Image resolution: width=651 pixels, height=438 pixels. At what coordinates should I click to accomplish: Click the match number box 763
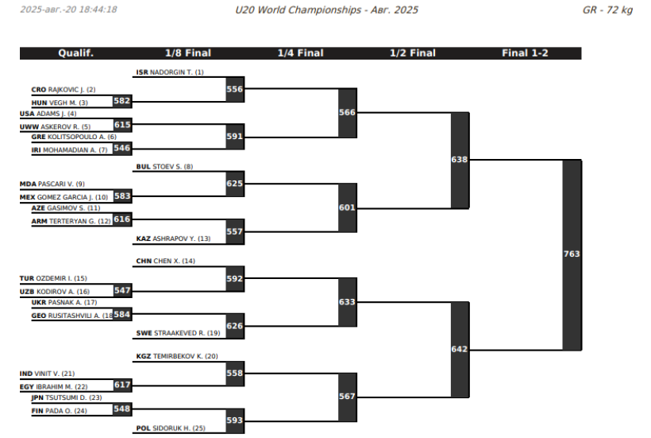(x=572, y=254)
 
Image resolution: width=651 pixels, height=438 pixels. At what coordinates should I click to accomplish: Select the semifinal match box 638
(x=460, y=160)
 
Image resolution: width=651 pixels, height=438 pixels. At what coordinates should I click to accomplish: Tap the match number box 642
(x=460, y=350)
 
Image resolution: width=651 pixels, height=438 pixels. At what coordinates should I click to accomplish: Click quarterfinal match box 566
(x=347, y=113)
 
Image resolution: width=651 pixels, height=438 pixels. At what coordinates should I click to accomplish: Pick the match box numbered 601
(x=347, y=207)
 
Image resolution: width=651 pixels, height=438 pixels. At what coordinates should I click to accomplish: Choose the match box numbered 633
(x=347, y=302)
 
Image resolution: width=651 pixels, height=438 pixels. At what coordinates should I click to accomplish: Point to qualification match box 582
(x=122, y=101)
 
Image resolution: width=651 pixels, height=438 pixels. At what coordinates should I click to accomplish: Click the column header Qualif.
(x=75, y=53)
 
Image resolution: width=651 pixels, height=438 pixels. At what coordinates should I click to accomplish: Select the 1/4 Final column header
(x=301, y=53)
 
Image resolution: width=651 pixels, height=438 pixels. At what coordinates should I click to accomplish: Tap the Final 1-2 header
(x=525, y=53)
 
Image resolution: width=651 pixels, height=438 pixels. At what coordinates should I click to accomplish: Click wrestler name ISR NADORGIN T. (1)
(x=170, y=72)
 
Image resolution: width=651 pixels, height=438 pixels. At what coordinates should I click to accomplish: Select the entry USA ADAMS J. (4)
(x=48, y=114)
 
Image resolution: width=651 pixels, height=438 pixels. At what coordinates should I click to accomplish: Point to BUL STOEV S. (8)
(x=164, y=167)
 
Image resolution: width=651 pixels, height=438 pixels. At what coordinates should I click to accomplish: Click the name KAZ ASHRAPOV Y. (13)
(x=173, y=238)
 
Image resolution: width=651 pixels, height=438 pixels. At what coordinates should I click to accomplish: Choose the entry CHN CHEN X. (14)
(x=166, y=261)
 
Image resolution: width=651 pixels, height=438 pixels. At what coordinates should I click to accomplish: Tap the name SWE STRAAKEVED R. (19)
(x=178, y=333)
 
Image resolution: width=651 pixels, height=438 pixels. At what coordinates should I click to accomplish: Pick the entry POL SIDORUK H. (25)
(x=171, y=428)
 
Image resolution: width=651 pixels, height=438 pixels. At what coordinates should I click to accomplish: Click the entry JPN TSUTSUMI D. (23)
(x=67, y=397)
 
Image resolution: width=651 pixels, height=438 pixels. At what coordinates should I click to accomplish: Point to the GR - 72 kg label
(x=607, y=10)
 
